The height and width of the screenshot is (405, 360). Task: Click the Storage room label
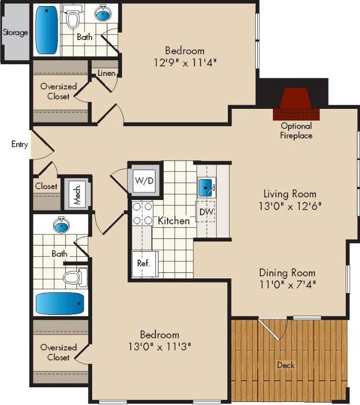pyautogui.click(x=15, y=33)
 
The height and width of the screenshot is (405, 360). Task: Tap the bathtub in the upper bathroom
pyautogui.click(x=46, y=30)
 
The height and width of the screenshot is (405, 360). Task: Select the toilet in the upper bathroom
pyautogui.click(x=73, y=19)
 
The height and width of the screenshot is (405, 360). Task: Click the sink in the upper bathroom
pyautogui.click(x=103, y=14)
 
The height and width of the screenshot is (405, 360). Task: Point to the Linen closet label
pyautogui.click(x=106, y=73)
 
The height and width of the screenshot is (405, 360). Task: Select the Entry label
pyautogui.click(x=20, y=144)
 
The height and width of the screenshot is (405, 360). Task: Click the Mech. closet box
pyautogui.click(x=77, y=194)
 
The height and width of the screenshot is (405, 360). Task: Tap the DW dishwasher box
pyautogui.click(x=206, y=212)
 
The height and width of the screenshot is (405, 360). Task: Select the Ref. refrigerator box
pyautogui.click(x=144, y=263)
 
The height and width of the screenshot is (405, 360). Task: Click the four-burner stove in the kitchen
pyautogui.click(x=142, y=213)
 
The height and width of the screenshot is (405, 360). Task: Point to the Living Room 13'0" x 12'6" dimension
pyautogui.click(x=290, y=207)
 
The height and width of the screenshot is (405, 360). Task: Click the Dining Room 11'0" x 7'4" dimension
pyautogui.click(x=287, y=285)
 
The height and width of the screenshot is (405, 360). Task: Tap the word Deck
pyautogui.click(x=286, y=365)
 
